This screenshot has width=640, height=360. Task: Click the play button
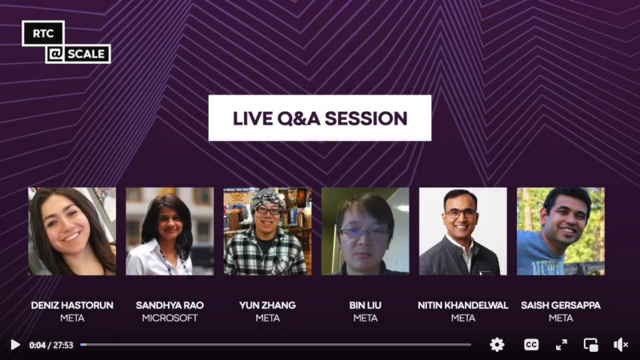(15, 345)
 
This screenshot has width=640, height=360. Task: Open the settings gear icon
(497, 345)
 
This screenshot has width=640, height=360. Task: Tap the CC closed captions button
(531, 345)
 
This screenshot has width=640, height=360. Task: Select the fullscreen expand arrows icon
(562, 345)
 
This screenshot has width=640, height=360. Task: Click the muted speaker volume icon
(621, 345)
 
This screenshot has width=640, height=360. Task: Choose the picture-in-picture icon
(591, 345)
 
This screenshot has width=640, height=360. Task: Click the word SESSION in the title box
(366, 118)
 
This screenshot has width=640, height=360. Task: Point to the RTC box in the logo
(43, 34)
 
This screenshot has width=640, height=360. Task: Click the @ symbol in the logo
(55, 54)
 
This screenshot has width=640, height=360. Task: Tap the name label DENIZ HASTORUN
(72, 306)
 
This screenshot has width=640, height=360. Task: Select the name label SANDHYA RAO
(170, 306)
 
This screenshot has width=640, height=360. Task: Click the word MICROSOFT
(170, 318)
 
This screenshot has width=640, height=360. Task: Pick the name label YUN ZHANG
(267, 306)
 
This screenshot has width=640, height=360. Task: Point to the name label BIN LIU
(366, 306)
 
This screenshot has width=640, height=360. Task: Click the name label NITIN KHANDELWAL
(463, 306)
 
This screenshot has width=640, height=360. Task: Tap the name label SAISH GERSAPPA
(561, 306)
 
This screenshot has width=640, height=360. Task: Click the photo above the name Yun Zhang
(267, 231)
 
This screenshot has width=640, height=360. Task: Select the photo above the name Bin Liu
(366, 231)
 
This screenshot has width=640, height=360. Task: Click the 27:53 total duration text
(63, 346)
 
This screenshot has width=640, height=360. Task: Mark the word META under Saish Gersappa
(561, 318)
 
